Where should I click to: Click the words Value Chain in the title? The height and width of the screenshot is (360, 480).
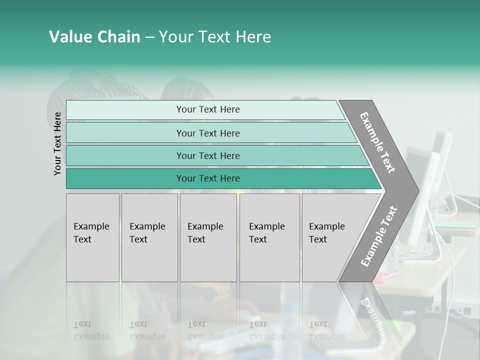[x=94, y=37]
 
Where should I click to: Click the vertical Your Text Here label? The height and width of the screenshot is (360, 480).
[x=57, y=143]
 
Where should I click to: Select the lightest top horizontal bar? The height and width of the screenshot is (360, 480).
[x=125, y=110]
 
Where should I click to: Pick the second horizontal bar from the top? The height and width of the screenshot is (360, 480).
[x=125, y=133]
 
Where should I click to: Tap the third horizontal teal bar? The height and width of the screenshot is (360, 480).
[x=125, y=155]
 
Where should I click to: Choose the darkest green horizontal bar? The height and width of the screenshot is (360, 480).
[x=125, y=178]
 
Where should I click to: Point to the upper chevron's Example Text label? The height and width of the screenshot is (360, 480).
[x=377, y=142]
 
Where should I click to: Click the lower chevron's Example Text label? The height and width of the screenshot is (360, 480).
[x=379, y=236]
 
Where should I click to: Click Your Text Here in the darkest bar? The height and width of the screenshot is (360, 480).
[x=208, y=178]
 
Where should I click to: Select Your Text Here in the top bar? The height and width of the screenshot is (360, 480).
[x=208, y=109]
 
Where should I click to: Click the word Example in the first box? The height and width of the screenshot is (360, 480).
[x=91, y=226]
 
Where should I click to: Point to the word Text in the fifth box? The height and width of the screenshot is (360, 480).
[x=318, y=239]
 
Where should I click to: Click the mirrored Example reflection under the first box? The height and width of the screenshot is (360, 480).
[x=91, y=336]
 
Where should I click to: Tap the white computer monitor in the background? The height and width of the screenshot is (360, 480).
[x=423, y=200]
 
